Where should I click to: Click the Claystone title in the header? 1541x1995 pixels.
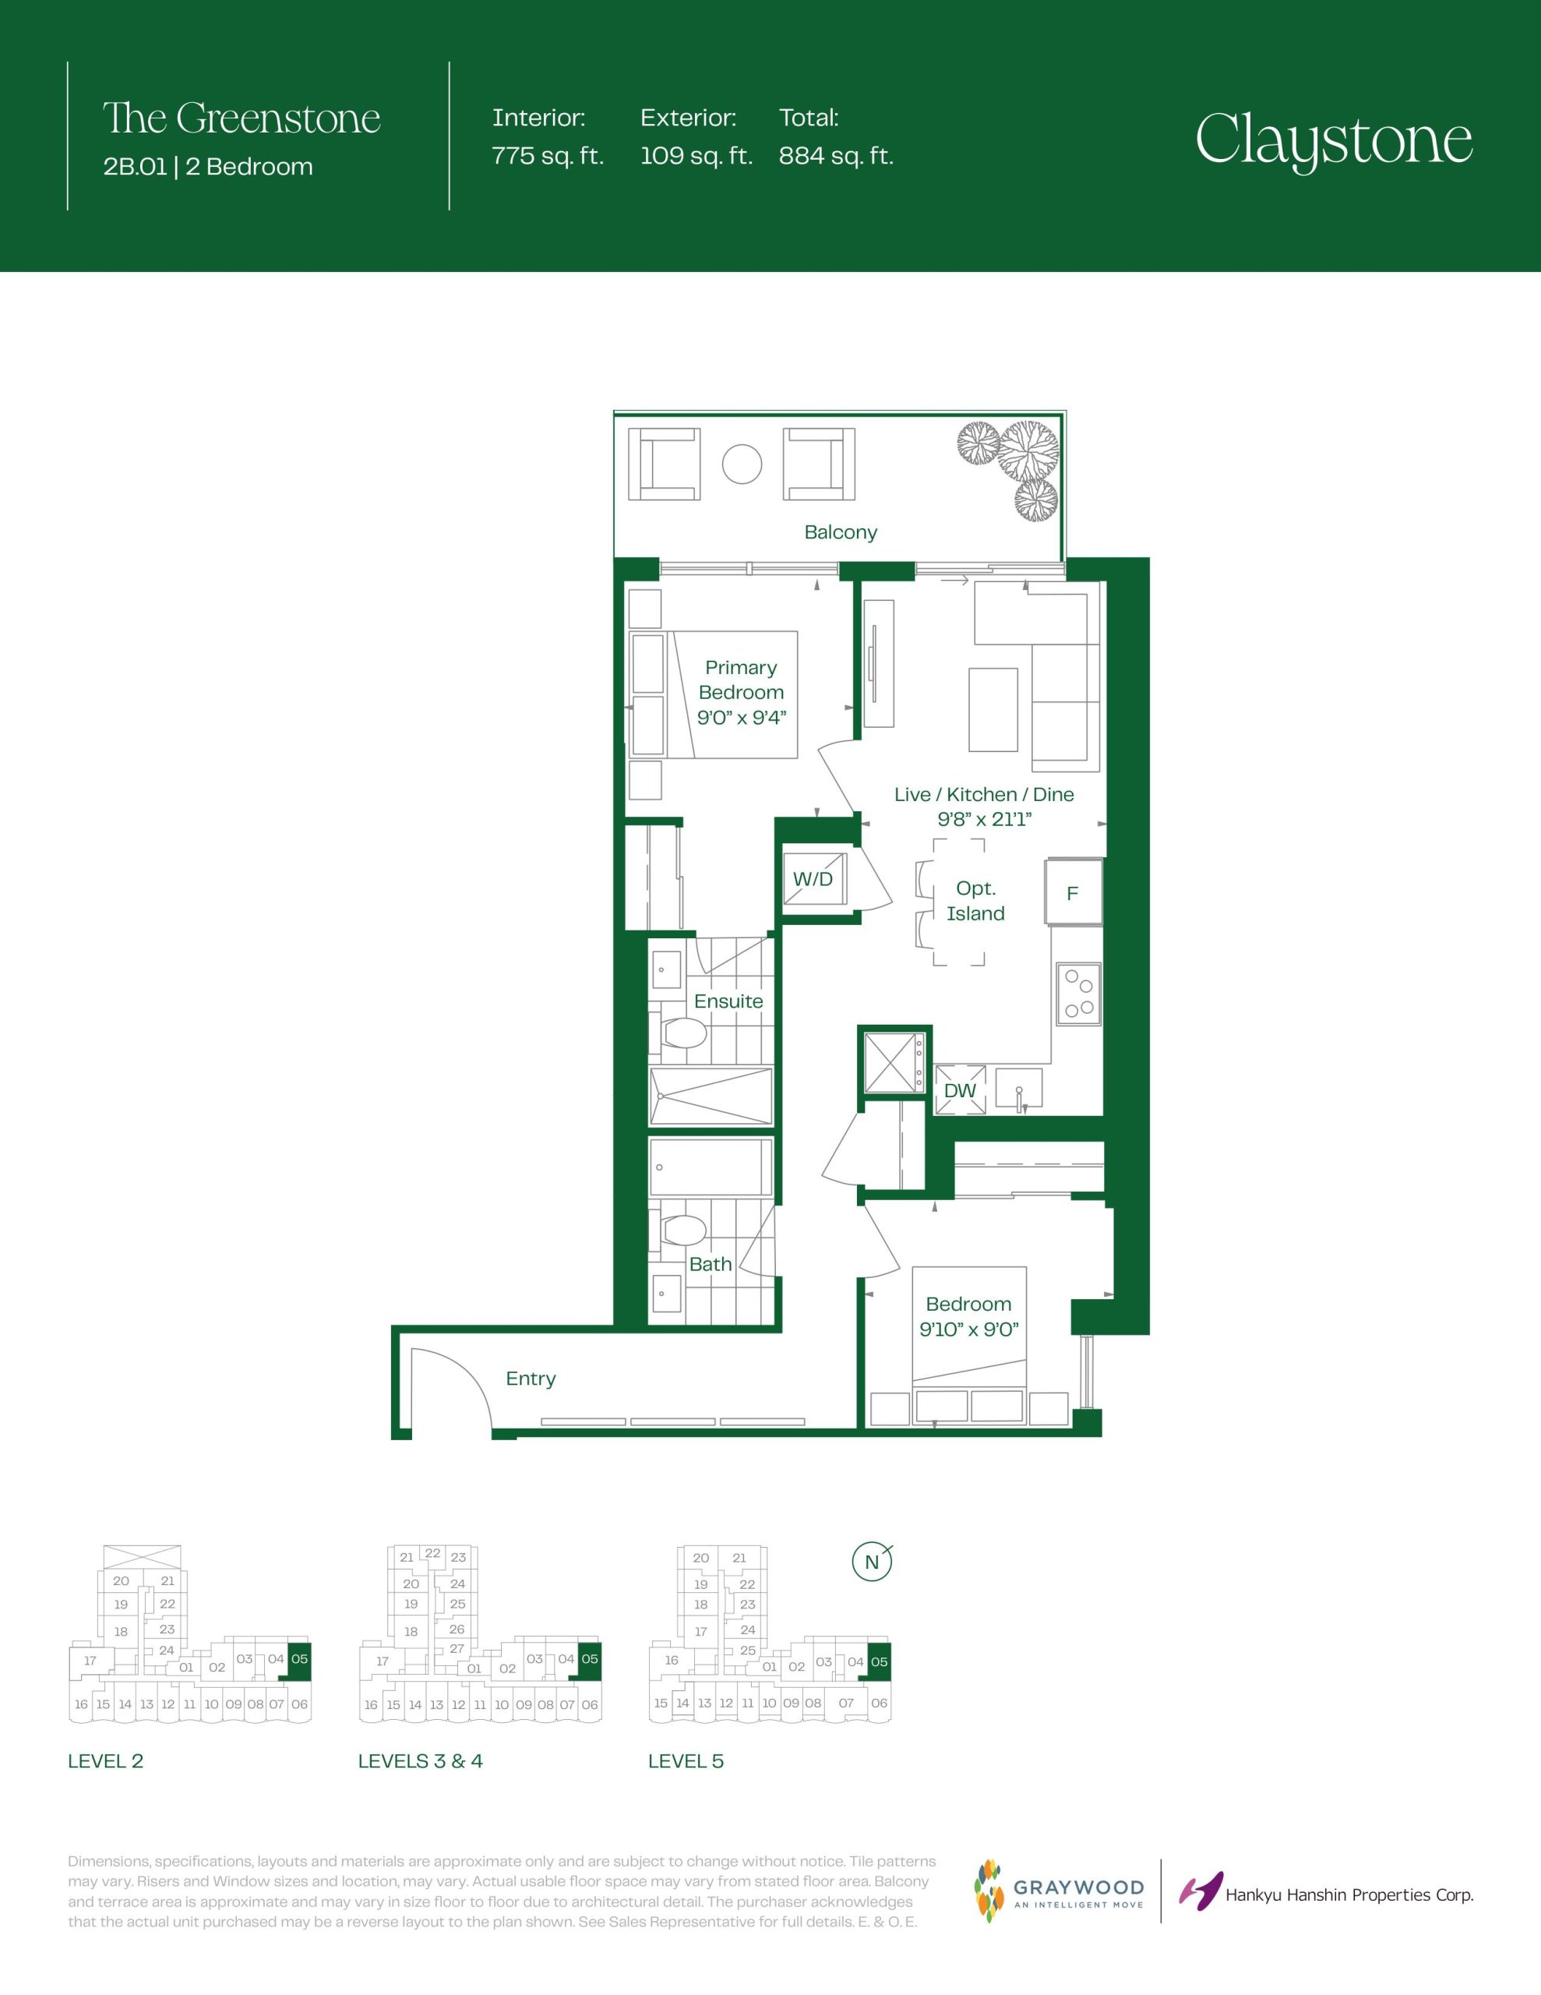click(1334, 139)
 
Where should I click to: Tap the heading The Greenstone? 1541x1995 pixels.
click(242, 118)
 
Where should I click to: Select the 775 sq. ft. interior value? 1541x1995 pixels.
click(548, 156)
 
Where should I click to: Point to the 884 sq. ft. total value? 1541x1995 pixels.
click(836, 156)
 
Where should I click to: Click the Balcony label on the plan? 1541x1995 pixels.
click(841, 531)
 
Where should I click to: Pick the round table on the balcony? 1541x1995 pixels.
click(742, 464)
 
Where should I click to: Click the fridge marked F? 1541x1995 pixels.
click(1074, 892)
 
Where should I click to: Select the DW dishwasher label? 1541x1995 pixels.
click(960, 1091)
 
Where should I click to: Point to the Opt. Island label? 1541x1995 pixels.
click(975, 901)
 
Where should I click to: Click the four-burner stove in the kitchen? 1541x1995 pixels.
click(1078, 994)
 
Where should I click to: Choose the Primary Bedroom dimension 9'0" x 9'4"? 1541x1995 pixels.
click(741, 718)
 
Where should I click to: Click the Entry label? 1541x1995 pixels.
click(531, 1379)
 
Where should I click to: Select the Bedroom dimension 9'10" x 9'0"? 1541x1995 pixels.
click(968, 1329)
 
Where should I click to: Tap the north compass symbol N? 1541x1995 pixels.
click(872, 1562)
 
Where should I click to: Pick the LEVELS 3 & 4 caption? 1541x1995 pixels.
click(420, 1761)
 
